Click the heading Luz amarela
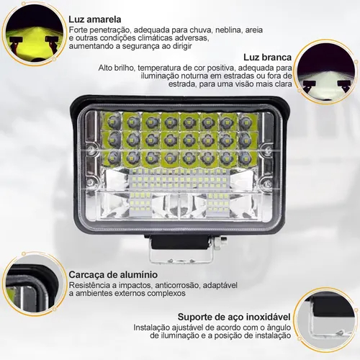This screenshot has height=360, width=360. [95, 19]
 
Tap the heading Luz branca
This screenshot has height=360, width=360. [268, 58]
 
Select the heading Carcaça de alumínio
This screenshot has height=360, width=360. [113, 274]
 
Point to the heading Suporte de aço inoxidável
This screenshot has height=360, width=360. [234, 317]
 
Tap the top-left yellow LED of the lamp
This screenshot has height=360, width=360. [112, 122]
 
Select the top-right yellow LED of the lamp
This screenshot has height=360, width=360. [245, 122]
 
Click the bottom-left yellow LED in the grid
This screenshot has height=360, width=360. [112, 157]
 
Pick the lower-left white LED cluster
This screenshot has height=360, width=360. [141, 203]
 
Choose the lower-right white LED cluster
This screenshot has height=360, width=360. [217, 203]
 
